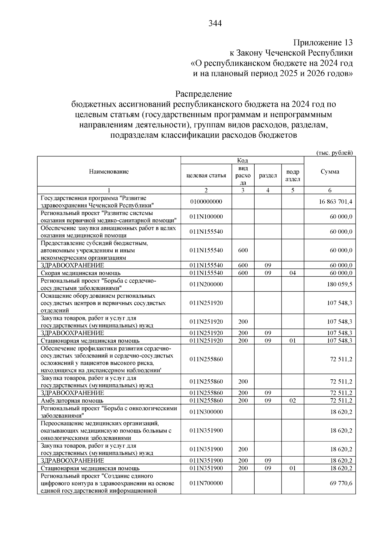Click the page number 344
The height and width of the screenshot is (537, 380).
pyautogui.click(x=215, y=23)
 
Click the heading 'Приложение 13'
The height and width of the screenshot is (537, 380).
pyautogui.click(x=323, y=43)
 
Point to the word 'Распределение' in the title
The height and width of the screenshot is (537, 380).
pyautogui.click(x=204, y=94)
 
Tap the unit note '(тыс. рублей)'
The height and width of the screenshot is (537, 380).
pyautogui.click(x=334, y=153)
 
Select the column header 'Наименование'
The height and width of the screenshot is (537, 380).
pyautogui.click(x=109, y=172)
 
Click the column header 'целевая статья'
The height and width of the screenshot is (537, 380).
pyautogui.click(x=206, y=175)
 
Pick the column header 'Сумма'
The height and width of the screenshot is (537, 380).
pyautogui.click(x=330, y=172)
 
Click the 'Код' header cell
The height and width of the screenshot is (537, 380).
pyautogui.click(x=242, y=161)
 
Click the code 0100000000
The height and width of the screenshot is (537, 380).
pyautogui.click(x=206, y=202)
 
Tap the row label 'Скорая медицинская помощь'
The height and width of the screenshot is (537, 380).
pyautogui.click(x=81, y=273)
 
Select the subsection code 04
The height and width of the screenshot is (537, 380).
pyautogui.click(x=293, y=273)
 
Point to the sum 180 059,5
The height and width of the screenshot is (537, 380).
pyautogui.click(x=339, y=284)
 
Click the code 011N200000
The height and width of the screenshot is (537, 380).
pyautogui.click(x=206, y=284)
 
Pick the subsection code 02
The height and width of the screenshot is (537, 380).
pyautogui.click(x=293, y=401)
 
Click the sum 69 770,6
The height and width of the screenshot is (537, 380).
pyautogui.click(x=341, y=483)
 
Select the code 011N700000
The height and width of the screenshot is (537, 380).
pyautogui.click(x=206, y=483)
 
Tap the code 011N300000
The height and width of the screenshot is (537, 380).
pyautogui.click(x=206, y=412)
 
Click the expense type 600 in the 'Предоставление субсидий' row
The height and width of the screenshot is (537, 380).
pyautogui.click(x=243, y=250)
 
